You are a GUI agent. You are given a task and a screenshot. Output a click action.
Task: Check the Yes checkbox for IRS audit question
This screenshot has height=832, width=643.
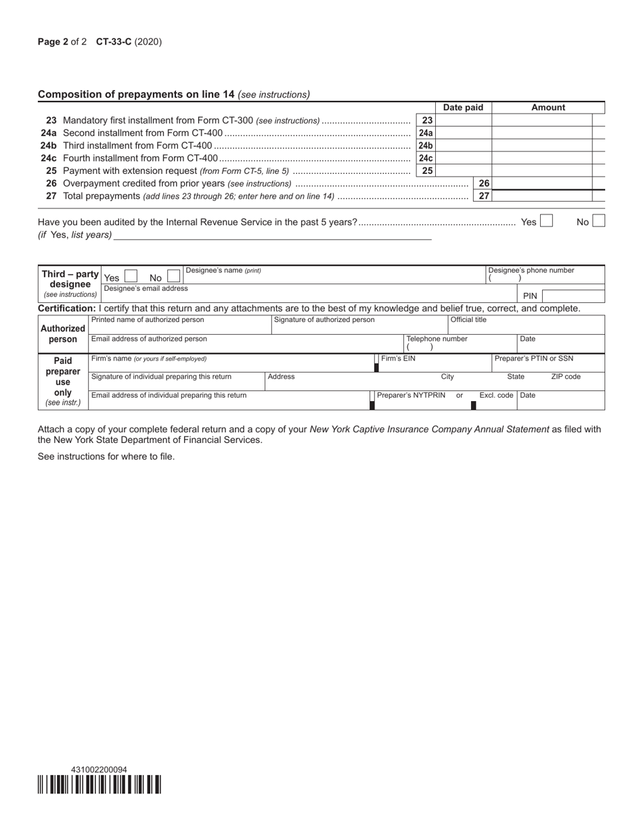point(546,221)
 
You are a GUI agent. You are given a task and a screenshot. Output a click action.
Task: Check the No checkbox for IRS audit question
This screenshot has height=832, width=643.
point(598,221)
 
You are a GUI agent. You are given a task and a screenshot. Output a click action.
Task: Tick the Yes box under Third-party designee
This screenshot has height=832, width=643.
point(131,277)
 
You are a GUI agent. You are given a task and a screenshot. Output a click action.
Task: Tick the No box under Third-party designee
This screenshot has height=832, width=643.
point(174,277)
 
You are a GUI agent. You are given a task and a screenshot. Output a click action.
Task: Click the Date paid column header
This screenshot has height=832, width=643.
point(463,108)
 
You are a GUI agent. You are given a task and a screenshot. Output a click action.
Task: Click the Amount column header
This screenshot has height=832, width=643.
point(548,108)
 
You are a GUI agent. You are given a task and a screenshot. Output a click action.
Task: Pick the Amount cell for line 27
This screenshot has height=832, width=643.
point(541,196)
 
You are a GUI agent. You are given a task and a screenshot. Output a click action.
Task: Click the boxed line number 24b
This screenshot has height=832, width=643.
point(425,145)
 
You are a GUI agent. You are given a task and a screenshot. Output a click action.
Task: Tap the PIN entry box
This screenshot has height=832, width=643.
point(573,296)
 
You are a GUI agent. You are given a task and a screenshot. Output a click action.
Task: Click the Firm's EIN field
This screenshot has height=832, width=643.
point(434,363)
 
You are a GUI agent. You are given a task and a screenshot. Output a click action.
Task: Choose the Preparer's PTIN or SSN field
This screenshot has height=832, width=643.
point(548,363)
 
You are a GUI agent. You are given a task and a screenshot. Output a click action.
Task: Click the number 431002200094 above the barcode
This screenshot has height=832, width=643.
point(99,770)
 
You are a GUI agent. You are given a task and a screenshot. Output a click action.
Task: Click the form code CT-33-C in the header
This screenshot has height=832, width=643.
point(114,42)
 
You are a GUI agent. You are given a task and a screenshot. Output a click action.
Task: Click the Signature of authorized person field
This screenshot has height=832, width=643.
point(359,325)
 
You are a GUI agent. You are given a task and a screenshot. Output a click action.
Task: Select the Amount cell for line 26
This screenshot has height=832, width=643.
point(541,183)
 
